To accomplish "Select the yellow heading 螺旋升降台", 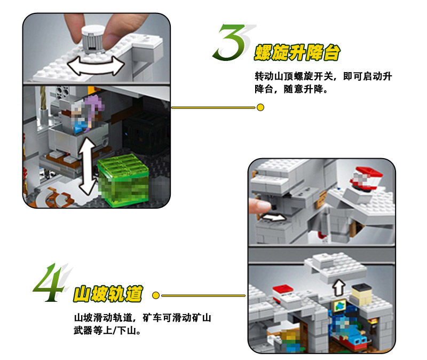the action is pyautogui.click(x=297, y=52).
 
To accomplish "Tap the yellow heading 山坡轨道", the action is pyautogui.click(x=108, y=294).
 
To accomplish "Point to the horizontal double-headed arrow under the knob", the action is pyautogui.click(x=96, y=65).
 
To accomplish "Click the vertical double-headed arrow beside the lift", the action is pyautogui.click(x=89, y=166).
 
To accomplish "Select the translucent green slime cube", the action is pyautogui.click(x=123, y=180).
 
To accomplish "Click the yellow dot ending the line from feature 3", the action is pyautogui.click(x=260, y=107).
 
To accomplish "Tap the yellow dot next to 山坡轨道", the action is pyautogui.click(x=156, y=295).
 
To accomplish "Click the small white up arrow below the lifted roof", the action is pyautogui.click(x=339, y=287).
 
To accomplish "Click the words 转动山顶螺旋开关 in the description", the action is pyautogui.click(x=294, y=76).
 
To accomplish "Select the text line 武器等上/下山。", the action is pyautogui.click(x=108, y=331).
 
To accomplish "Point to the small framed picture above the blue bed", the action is pyautogui.click(x=339, y=305).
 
